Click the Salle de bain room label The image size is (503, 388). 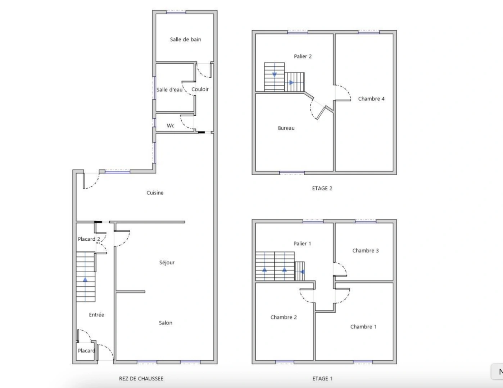point(185,40)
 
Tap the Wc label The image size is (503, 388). point(171,126)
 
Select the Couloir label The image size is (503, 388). point(200,89)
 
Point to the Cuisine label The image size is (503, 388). point(155,193)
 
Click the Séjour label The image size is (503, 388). point(167,263)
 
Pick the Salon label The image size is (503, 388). point(166,323)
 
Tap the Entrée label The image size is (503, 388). point(96,315)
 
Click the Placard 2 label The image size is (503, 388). point(89,239)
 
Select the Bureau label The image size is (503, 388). point(286,128)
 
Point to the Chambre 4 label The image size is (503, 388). point(371,99)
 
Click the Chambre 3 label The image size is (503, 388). point(366,251)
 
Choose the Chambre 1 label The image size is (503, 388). point(363,327)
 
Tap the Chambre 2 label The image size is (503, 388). point(284,318)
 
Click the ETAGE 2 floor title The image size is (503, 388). point(322,188)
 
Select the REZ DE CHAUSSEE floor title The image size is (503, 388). point(141,379)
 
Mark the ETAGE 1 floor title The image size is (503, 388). point(322,379)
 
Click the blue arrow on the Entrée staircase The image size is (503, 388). point(85,279)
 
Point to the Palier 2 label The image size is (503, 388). point(303,56)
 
